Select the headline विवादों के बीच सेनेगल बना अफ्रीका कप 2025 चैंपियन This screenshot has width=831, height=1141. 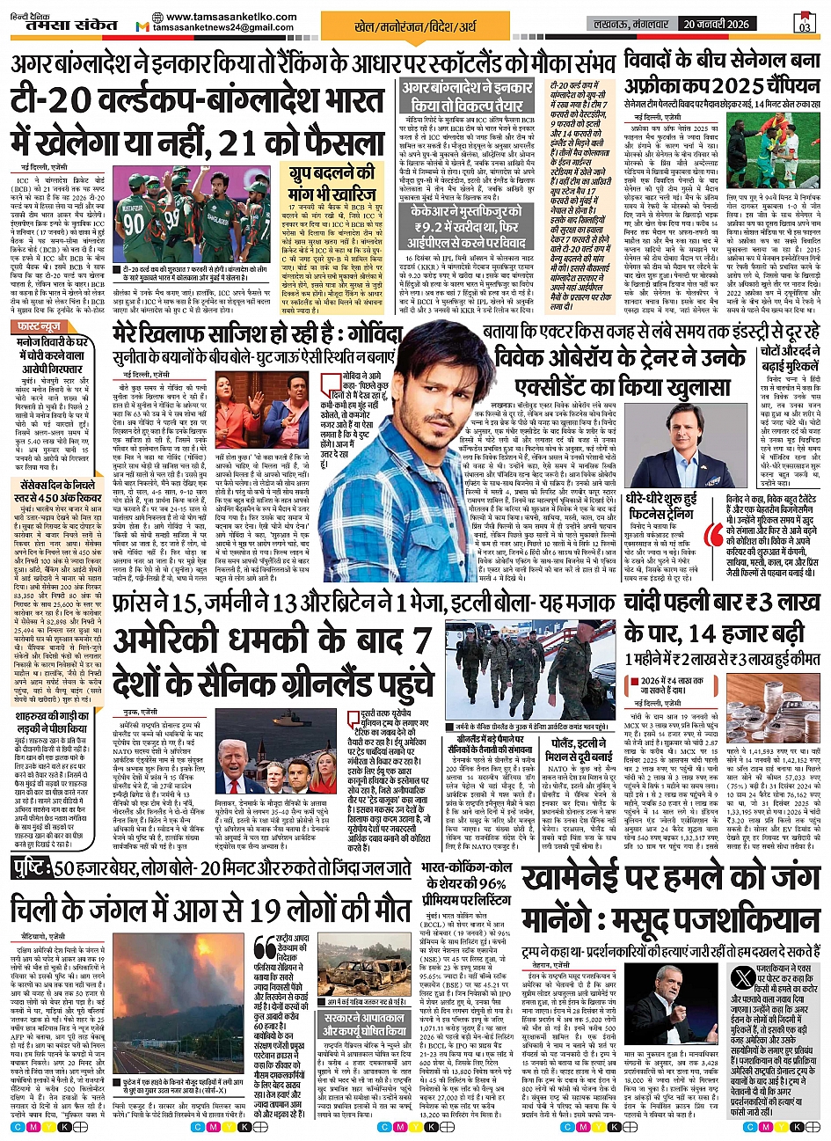(721, 75)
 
